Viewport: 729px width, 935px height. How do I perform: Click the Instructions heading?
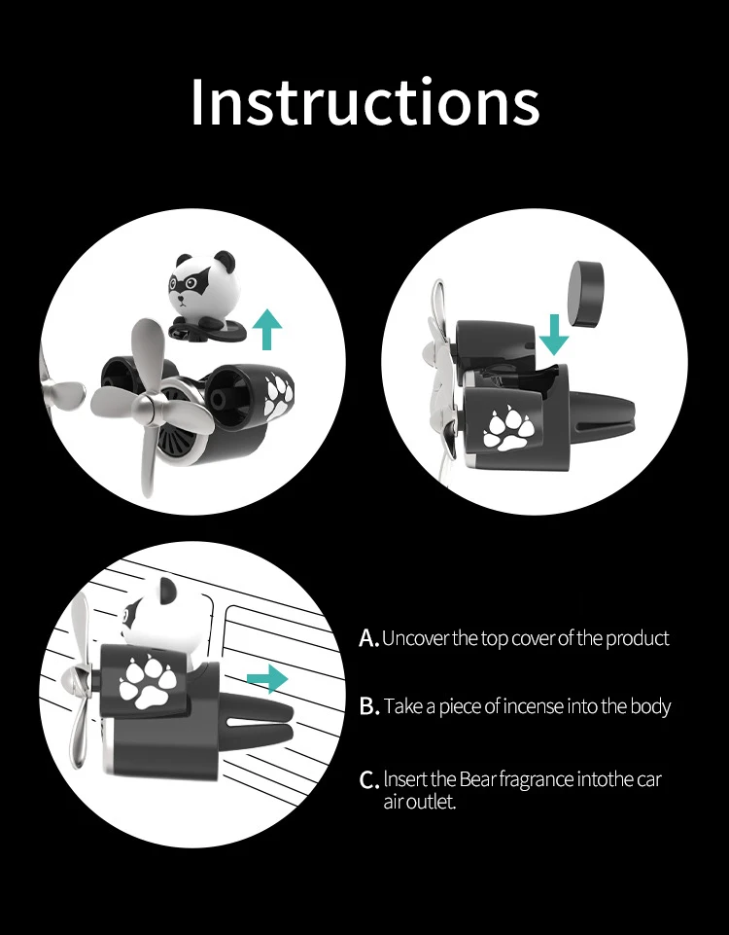365,101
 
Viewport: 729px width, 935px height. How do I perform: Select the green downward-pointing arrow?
554,335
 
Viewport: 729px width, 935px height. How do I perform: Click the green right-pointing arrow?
267,679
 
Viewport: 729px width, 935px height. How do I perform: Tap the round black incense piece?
587,294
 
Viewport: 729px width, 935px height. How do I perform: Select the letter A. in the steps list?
369,638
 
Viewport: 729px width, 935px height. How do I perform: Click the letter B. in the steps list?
369,706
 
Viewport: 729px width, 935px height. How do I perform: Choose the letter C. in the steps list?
369,780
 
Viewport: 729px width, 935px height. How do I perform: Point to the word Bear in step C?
476,779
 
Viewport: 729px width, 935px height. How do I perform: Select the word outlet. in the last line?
433,802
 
